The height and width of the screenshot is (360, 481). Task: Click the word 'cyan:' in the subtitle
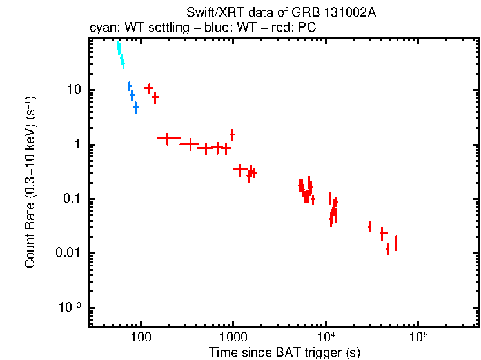click(101, 28)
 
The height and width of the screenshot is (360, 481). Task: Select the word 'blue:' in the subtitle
click(198, 28)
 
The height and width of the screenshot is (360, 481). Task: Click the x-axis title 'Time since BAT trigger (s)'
click(284, 352)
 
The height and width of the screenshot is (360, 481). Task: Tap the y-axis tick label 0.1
click(73, 199)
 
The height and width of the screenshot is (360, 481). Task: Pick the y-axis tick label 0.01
click(70, 253)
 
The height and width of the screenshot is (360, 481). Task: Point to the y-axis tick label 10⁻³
click(71, 306)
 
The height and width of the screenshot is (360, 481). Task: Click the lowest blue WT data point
click(135, 107)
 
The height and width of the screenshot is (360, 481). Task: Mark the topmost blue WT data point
click(129, 86)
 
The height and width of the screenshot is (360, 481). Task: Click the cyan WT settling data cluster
click(121, 55)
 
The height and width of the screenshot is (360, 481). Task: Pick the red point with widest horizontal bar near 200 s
click(168, 138)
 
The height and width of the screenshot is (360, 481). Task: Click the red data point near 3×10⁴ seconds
click(369, 226)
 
